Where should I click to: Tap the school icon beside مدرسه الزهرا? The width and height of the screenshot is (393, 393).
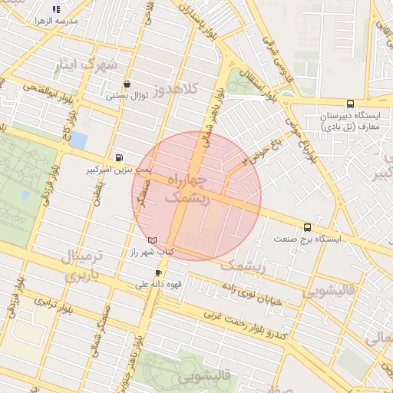coord(55,10)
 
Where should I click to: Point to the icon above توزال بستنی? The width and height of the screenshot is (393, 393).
coord(127,84)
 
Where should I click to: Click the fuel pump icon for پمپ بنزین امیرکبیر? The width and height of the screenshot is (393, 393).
coord(117,156)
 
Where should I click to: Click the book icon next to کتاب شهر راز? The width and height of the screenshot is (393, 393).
coord(152,240)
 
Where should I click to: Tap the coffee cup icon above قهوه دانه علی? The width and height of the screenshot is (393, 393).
coord(159,272)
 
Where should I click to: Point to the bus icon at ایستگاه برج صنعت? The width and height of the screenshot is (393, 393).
coord(308,227)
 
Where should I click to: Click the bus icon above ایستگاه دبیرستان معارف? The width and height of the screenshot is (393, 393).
coord(351,104)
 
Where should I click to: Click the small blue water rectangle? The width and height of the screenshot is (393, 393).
coord(78,141)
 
